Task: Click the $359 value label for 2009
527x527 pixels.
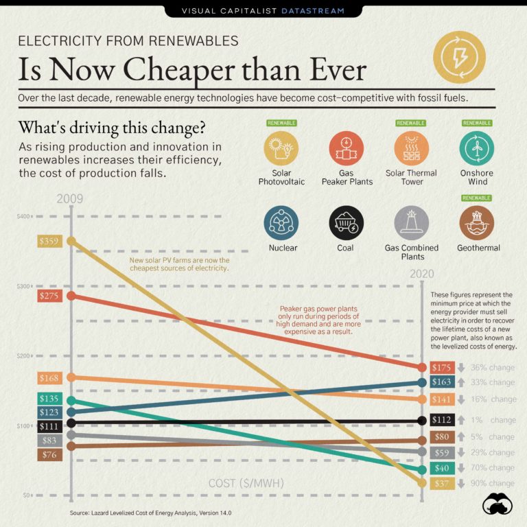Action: pyautogui.click(x=49, y=242)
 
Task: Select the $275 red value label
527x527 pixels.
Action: pyautogui.click(x=49, y=296)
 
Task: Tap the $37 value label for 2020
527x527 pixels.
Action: pyautogui.click(x=442, y=484)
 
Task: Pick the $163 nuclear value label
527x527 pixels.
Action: pyautogui.click(x=442, y=382)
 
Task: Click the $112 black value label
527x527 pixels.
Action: pyautogui.click(x=442, y=420)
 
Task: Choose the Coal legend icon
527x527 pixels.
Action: pyautogui.click(x=346, y=223)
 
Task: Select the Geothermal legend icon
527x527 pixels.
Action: pyautogui.click(x=477, y=223)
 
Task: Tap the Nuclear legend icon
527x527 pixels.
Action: pyautogui.click(x=281, y=223)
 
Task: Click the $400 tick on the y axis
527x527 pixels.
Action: pyautogui.click(x=23, y=217)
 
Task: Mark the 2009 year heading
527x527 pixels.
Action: pyautogui.click(x=70, y=199)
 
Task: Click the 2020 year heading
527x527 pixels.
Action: pyautogui.click(x=423, y=274)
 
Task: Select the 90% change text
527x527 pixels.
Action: pyautogui.click(x=492, y=484)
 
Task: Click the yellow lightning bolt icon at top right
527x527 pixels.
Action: pyautogui.click(x=460, y=57)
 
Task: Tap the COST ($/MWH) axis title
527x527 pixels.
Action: pyautogui.click(x=246, y=484)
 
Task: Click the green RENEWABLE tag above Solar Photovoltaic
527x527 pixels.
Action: pyautogui.click(x=281, y=124)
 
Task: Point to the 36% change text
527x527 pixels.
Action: pyautogui.click(x=492, y=368)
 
